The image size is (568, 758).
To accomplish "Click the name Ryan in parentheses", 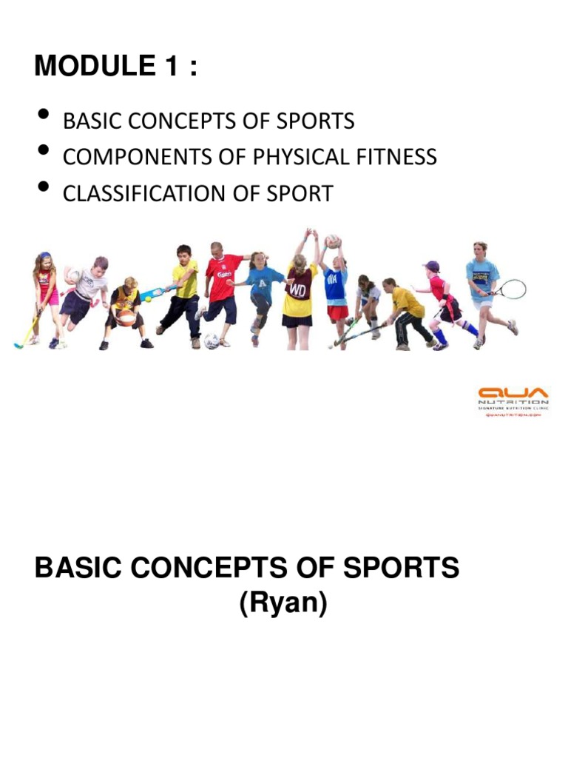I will point(283,605).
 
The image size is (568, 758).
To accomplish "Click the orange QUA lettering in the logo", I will point(513,392).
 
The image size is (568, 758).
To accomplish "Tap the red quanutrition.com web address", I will point(513,416).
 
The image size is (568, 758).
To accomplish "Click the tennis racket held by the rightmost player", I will point(510,289).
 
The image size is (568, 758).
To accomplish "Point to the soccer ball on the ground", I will point(212,341).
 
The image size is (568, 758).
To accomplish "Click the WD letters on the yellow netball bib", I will point(299,289).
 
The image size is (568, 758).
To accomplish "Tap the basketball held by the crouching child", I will point(126,318).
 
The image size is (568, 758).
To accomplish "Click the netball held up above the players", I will point(333,241).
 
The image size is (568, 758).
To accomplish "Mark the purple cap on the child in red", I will point(431,266).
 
